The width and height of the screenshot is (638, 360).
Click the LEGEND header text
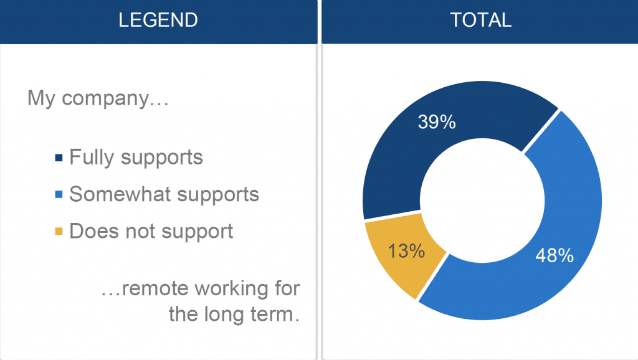tap(158, 20)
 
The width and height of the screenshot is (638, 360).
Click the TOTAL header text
tap(480, 20)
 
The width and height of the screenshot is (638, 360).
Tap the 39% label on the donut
tap(437, 121)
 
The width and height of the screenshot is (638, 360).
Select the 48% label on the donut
tap(554, 255)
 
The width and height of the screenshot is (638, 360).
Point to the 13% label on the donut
tap(406, 250)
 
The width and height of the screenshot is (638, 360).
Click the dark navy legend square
tap(59, 158)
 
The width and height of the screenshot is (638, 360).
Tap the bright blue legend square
tap(59, 194)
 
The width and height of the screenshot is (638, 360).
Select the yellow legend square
tap(59, 232)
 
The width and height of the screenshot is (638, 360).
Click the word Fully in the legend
tap(92, 158)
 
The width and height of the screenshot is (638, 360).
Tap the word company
tap(105, 99)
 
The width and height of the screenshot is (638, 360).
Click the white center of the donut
tap(482, 201)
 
